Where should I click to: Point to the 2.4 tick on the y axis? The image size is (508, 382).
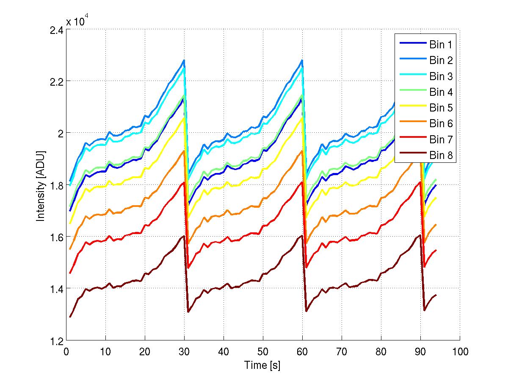coord(55,30)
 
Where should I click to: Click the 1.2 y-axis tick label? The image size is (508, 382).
coord(55,341)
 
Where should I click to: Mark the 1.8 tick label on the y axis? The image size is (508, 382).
coord(55,186)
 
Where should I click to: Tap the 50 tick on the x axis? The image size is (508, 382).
coord(263,351)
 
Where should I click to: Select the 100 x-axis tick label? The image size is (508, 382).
coord(460,351)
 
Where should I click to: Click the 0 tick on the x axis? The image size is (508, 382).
coord(66,351)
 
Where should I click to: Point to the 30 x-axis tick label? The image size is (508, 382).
coord(184,351)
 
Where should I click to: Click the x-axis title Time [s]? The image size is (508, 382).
coord(262,365)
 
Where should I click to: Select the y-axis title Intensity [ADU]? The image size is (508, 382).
coord(41,185)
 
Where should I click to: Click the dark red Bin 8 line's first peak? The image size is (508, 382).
coord(184,235)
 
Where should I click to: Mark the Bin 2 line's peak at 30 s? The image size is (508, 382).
coord(184,60)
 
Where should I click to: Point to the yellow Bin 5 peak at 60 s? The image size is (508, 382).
coord(302,118)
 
